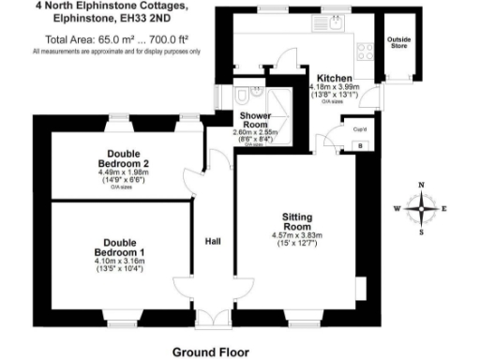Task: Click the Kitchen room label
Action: coord(334,78)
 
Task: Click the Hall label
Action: coord(213,242)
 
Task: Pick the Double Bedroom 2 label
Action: coord(130,158)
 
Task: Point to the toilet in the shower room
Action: coord(241,97)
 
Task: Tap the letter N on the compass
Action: coord(422,185)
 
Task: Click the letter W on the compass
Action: coord(397,208)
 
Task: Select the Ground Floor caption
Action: coord(211,352)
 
